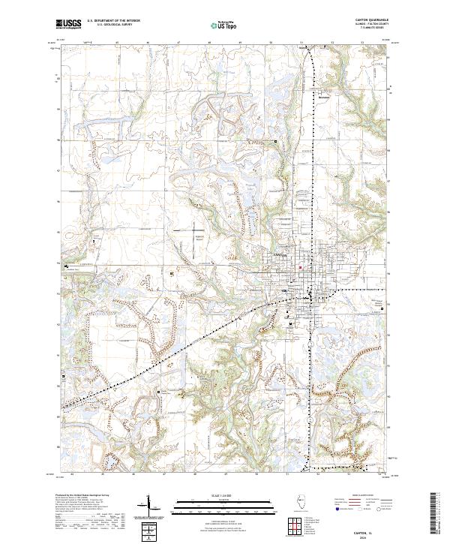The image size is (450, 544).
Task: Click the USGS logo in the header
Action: click(69, 24)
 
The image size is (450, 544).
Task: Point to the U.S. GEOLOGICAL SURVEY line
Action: click(107, 26)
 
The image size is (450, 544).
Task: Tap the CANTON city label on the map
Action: click(280, 256)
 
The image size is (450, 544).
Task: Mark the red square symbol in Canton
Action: click(301, 267)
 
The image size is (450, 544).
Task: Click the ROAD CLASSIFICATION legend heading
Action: click(360, 497)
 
